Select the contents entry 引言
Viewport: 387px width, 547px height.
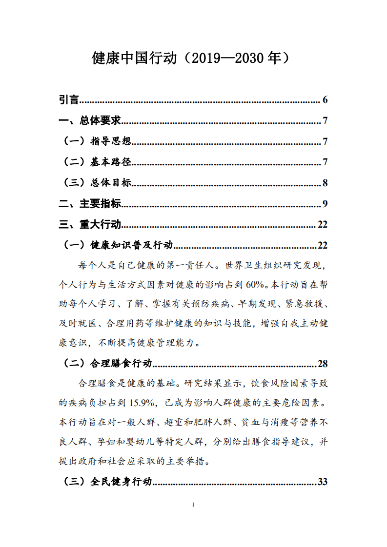[69, 100]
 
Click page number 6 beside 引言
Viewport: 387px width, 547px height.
[325, 100]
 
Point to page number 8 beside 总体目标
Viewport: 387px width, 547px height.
[325, 183]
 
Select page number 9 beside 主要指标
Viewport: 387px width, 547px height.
[325, 204]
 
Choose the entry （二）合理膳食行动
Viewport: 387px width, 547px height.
[108, 364]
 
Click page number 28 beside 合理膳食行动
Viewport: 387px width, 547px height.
[322, 364]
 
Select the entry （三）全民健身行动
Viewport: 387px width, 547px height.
[108, 482]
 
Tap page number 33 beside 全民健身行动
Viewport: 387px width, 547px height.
[322, 482]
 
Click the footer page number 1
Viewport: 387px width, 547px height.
[194, 505]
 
